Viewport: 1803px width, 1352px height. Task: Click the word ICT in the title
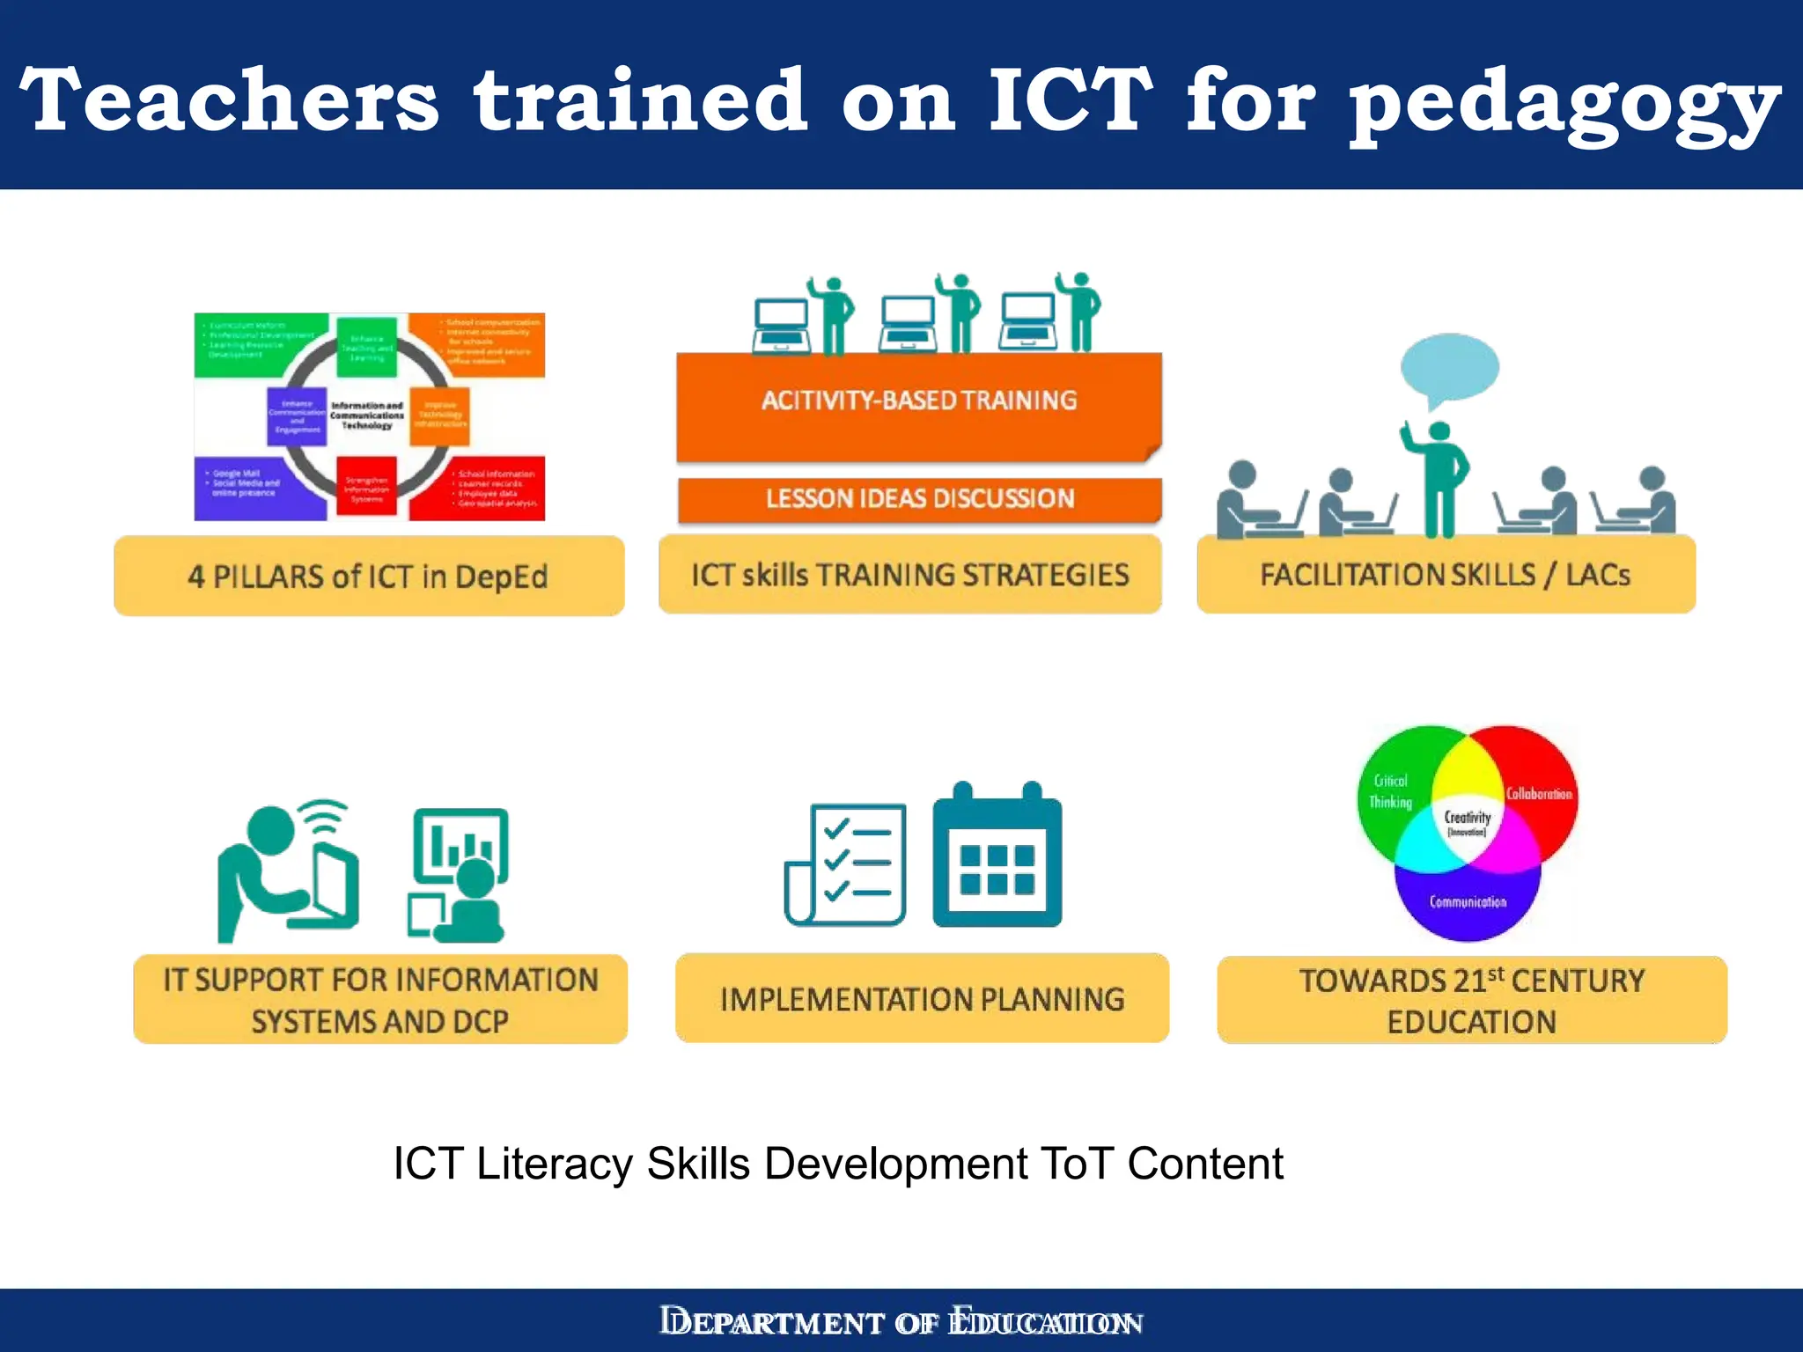[1069, 101]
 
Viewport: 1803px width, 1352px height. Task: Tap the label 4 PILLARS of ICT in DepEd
[368, 577]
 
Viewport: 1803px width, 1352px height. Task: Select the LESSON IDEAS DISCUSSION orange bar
[919, 499]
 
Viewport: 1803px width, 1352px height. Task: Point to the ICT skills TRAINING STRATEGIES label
[909, 575]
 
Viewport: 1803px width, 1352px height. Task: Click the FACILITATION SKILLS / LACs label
[1445, 575]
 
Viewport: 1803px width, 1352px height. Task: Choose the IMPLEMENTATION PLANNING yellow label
[922, 999]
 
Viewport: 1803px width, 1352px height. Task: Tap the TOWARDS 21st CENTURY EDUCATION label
[1471, 1001]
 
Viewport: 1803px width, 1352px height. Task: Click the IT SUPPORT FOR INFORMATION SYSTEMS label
[380, 1000]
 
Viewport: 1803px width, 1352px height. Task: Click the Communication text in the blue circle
[1468, 902]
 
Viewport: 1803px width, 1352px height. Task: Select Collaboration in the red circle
[1539, 794]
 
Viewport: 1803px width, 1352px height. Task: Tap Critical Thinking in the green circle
[1391, 791]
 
